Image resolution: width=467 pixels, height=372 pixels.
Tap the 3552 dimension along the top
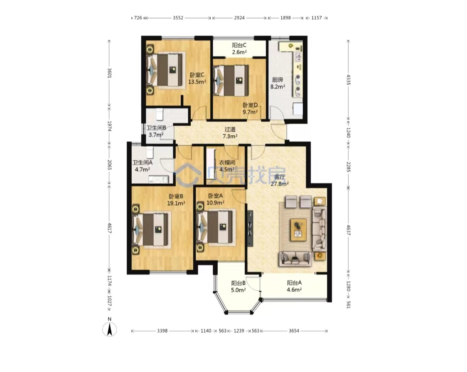pyautogui.click(x=178, y=18)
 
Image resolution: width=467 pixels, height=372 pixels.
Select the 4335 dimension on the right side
pyautogui.click(x=348, y=80)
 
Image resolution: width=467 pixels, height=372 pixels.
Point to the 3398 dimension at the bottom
pyautogui.click(x=162, y=331)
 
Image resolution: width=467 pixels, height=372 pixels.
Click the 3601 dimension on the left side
pyautogui.click(x=109, y=73)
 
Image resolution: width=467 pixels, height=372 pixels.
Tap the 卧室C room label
pyautogui.click(x=197, y=75)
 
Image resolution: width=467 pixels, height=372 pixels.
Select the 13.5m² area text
pyautogui.click(x=197, y=82)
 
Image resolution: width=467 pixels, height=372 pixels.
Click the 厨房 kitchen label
pyautogui.click(x=278, y=80)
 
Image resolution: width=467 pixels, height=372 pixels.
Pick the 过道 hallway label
pyautogui.click(x=230, y=129)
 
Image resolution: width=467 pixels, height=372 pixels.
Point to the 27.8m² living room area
pyautogui.click(x=279, y=184)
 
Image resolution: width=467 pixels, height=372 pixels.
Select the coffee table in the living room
pyautogui.click(x=298, y=230)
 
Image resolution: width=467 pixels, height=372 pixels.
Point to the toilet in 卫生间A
pyautogui.click(x=150, y=152)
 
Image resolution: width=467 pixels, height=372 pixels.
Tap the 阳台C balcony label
pyautogui.click(x=239, y=45)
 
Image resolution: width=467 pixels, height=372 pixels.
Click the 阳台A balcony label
pyautogui.click(x=294, y=283)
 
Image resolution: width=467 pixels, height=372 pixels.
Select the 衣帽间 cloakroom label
pyautogui.click(x=227, y=162)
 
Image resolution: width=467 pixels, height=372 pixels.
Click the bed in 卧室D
pyautogui.click(x=231, y=80)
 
